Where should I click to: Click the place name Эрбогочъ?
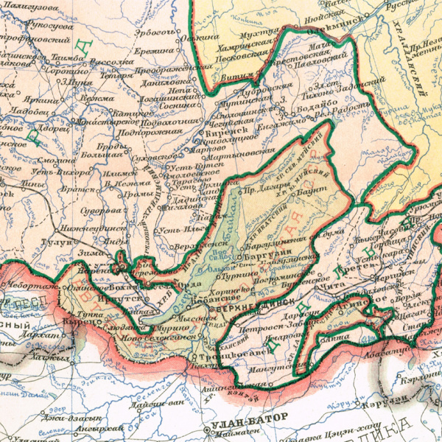[155, 32]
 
